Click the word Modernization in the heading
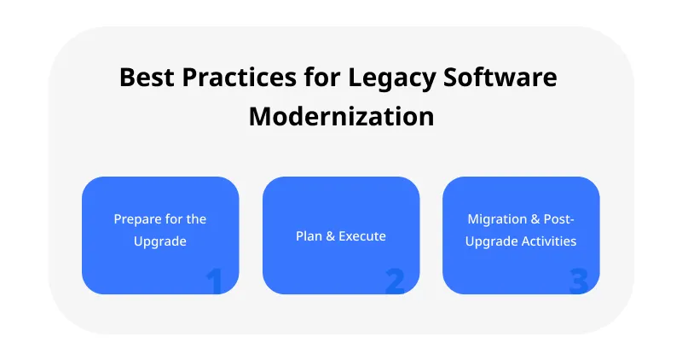(341, 115)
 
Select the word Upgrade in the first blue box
(159, 241)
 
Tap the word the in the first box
(196, 219)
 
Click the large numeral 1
(214, 281)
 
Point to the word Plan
(309, 236)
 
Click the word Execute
(362, 236)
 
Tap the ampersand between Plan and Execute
(330, 236)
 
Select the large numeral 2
(395, 281)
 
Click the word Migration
(496, 219)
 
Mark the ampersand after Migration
(535, 219)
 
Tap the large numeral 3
(578, 281)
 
